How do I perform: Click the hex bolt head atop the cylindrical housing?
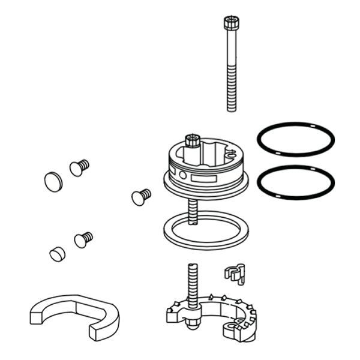point(193,142)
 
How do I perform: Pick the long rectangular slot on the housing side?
point(204,179)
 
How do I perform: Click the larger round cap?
point(53,179)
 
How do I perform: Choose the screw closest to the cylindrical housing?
point(141,196)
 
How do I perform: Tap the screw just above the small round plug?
point(83,239)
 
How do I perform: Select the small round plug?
point(56,254)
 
